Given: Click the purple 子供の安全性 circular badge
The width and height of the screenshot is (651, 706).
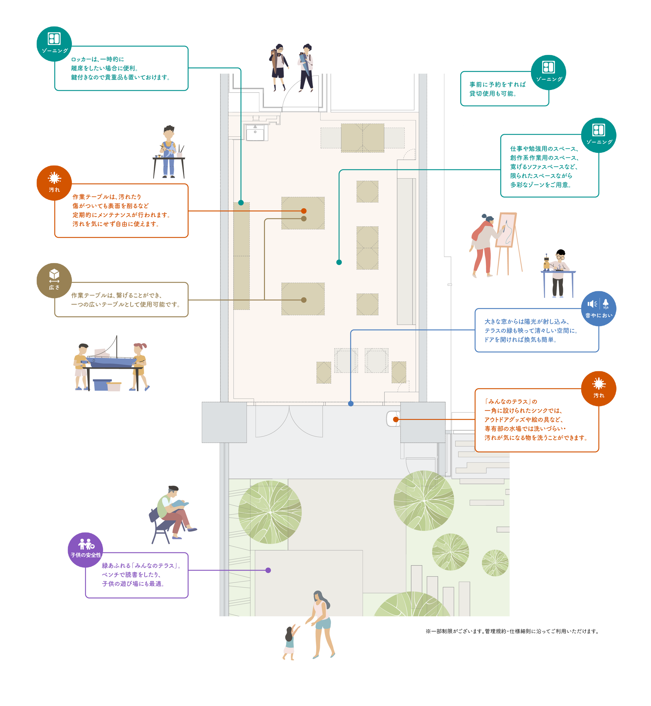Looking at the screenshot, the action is click(x=86, y=550).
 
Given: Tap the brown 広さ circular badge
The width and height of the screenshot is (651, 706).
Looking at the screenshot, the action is click(x=54, y=280).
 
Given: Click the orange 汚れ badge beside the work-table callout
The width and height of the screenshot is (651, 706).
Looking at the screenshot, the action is click(x=54, y=183).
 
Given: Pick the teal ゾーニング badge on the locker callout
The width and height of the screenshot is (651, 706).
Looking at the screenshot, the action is click(x=54, y=44).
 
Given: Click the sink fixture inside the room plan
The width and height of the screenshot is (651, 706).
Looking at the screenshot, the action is click(x=255, y=133).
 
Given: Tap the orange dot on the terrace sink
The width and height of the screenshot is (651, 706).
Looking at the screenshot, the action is click(x=396, y=419).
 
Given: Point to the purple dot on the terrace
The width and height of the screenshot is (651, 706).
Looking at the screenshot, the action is click(x=268, y=570).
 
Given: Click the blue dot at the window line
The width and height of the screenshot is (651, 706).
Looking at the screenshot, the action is click(x=350, y=403).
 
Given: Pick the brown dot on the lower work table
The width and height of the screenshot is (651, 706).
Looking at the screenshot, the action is click(x=304, y=300).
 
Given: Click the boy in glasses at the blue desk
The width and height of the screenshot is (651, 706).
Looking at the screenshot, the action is click(x=558, y=275).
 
